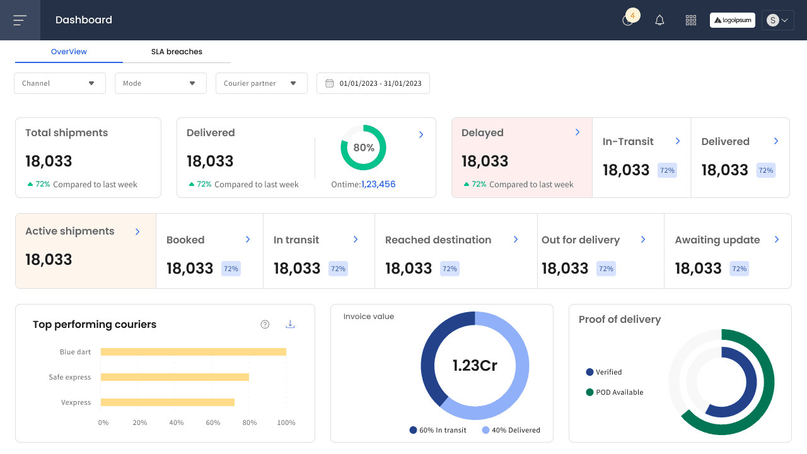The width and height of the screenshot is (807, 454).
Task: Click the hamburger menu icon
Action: [x=20, y=20]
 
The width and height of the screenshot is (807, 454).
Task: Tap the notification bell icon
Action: [x=659, y=20]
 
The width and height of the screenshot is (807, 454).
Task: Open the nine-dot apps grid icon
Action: [x=690, y=20]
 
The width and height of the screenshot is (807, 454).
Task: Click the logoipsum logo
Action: [x=733, y=20]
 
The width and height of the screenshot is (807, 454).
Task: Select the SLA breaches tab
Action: [x=177, y=52]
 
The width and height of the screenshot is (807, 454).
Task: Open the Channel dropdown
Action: [x=60, y=83]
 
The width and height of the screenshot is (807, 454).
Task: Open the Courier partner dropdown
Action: [x=262, y=83]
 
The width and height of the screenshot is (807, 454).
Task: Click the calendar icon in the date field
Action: [x=329, y=83]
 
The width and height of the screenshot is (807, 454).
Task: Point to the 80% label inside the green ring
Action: [x=364, y=148]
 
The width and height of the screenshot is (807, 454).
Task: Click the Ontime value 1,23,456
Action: [x=378, y=184]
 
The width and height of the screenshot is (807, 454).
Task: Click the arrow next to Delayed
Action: [x=578, y=132]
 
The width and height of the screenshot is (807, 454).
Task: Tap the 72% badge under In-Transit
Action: [x=667, y=170]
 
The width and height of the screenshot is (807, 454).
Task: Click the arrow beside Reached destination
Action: [x=516, y=239]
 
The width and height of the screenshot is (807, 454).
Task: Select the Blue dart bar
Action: [x=194, y=352]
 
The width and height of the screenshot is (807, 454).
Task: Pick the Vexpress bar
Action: [x=168, y=402]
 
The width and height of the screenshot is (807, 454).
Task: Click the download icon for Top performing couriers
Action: [x=290, y=324]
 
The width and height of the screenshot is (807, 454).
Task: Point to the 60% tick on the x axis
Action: [x=213, y=422]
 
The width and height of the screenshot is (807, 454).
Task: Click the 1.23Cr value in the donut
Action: [x=475, y=365]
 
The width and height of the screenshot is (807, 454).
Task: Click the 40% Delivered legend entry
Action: [x=511, y=430]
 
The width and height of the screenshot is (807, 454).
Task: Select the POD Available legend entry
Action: [x=615, y=392]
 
